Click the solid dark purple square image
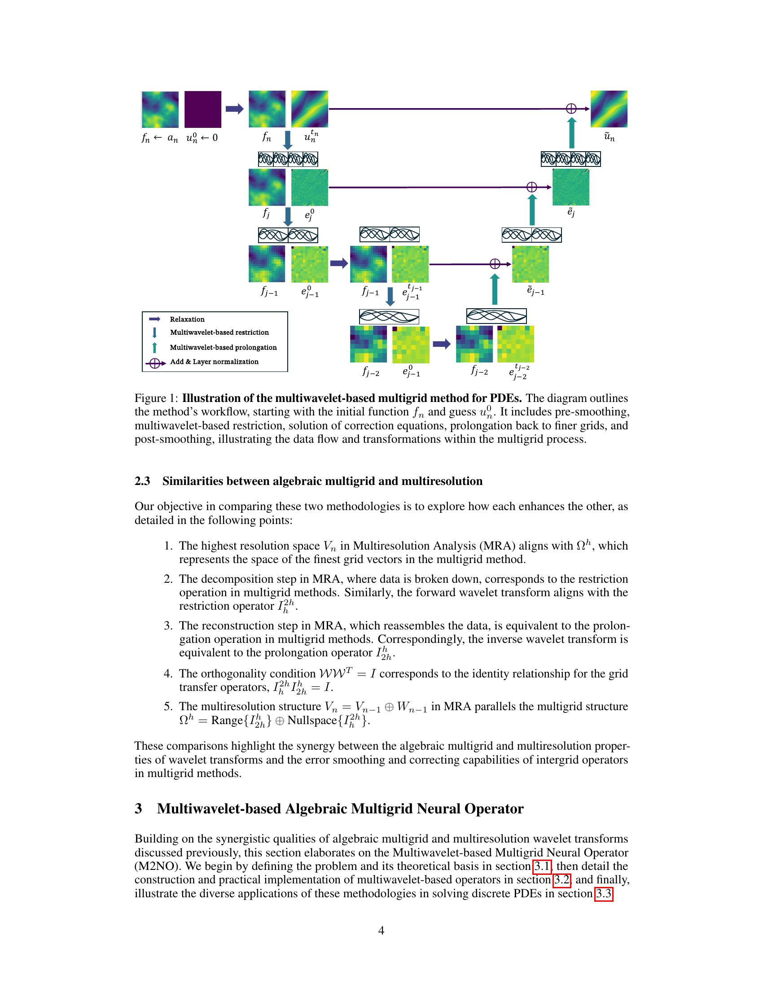(202, 109)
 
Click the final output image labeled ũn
(609, 109)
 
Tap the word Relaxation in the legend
(187, 319)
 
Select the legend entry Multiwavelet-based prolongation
(223, 347)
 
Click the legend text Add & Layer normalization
(214, 362)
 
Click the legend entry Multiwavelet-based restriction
(219, 332)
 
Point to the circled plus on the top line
(571, 109)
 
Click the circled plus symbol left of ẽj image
(532, 187)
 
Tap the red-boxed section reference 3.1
(543, 866)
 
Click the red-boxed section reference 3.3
(603, 893)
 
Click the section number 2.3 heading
(142, 481)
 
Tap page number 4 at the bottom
(381, 930)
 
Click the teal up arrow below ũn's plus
(572, 133)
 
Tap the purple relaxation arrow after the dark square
(234, 109)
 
